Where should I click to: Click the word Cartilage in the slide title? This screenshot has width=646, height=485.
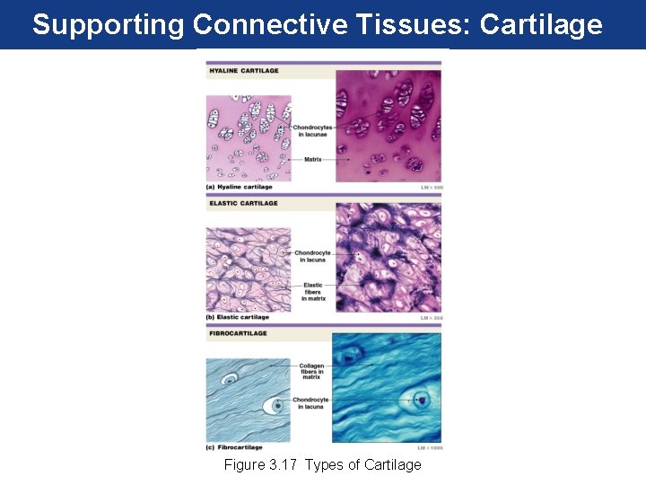pos(541,24)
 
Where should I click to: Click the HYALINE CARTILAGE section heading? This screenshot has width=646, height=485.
pos(244,71)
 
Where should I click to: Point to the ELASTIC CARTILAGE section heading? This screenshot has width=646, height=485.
pos(244,203)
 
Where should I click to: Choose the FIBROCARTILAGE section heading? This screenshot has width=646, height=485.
pos(239,333)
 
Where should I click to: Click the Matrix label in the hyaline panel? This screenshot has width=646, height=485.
pos(313,159)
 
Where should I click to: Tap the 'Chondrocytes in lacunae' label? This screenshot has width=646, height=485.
pos(313,130)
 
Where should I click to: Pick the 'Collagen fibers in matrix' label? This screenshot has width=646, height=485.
pos(311,371)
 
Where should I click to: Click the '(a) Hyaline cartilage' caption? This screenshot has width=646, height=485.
pos(240,187)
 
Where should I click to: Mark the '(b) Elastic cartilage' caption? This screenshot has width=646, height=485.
pos(239,317)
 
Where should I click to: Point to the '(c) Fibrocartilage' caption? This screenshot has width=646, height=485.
pos(235,446)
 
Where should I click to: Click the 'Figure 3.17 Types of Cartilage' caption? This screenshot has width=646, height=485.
pos(322,464)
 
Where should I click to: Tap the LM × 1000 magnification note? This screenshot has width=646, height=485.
pos(430,446)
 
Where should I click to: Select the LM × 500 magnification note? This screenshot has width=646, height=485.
pos(432,187)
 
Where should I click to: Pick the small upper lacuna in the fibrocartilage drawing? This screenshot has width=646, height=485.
pos(231,380)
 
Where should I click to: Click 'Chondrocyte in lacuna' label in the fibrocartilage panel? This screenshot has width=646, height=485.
pos(313,403)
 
